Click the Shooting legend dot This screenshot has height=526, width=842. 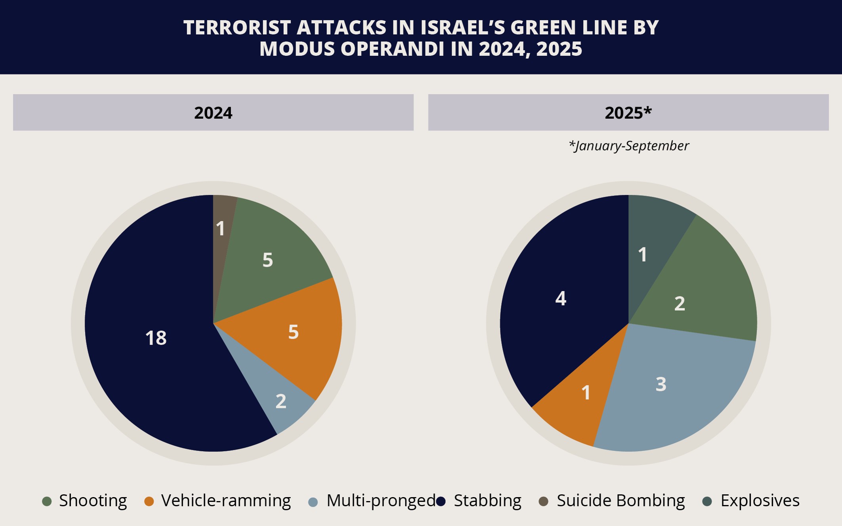pyautogui.click(x=47, y=501)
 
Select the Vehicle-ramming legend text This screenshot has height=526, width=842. pyautogui.click(x=226, y=501)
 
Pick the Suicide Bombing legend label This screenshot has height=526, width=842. pyautogui.click(x=621, y=501)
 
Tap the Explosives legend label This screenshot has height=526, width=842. pyautogui.click(x=760, y=501)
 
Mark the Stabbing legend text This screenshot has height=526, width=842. pyautogui.click(x=487, y=501)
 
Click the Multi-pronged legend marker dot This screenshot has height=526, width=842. pyautogui.click(x=313, y=502)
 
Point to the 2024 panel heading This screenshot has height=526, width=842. pyautogui.click(x=213, y=113)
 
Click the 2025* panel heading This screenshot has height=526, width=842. pyautogui.click(x=628, y=113)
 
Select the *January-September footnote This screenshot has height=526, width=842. pyautogui.click(x=628, y=146)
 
